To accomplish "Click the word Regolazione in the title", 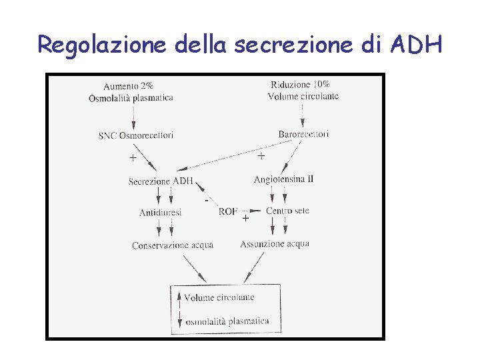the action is point(103,45).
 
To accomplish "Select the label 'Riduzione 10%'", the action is point(300,84).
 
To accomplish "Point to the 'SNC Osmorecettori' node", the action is point(136,135).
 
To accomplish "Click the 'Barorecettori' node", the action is point(303,134).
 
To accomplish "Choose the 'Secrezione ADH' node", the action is point(161,181).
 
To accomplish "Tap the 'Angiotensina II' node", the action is point(283,179).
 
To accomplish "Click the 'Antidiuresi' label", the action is point(160,212).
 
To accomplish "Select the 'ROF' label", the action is point(227,211).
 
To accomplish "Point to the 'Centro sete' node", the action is point(288,211).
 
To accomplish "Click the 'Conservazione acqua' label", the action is point(172,245).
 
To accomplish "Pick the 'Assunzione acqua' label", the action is point(275,244).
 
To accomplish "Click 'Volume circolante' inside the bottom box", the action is point(219,297).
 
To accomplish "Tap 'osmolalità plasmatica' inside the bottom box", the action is point(227,321).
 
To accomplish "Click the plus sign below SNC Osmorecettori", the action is point(133,158).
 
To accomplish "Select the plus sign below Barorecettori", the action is point(261,156).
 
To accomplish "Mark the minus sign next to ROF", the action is point(207,199).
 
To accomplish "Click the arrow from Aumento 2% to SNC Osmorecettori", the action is point(133,116).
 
